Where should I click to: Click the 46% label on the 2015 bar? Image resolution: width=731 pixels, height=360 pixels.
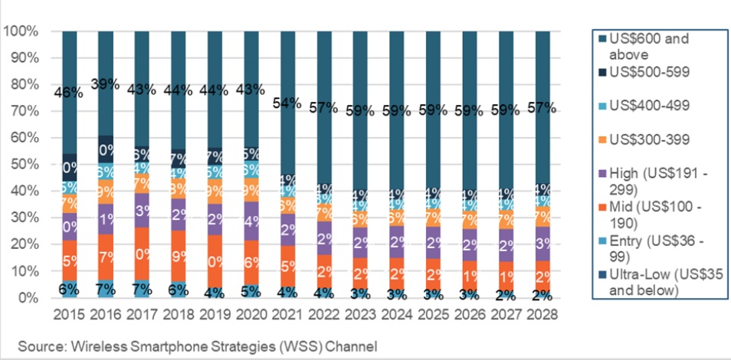(x=68, y=93)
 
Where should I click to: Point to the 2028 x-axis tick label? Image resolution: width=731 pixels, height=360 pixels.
(x=543, y=315)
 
